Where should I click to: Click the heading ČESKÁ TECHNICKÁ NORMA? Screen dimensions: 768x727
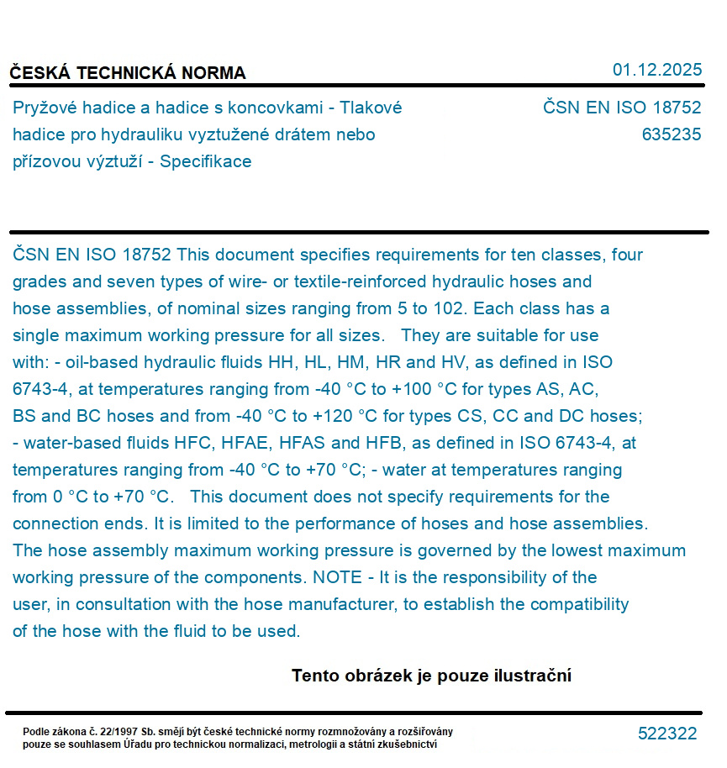pyautogui.click(x=128, y=73)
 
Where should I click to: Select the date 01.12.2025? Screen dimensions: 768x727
pyautogui.click(x=656, y=70)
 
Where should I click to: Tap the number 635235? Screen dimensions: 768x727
pyautogui.click(x=671, y=134)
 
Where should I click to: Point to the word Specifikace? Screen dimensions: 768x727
pyautogui.click(x=205, y=161)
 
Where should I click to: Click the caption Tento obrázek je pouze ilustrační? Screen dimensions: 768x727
pyautogui.click(x=431, y=676)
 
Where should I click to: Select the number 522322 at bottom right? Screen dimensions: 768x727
pyautogui.click(x=666, y=734)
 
